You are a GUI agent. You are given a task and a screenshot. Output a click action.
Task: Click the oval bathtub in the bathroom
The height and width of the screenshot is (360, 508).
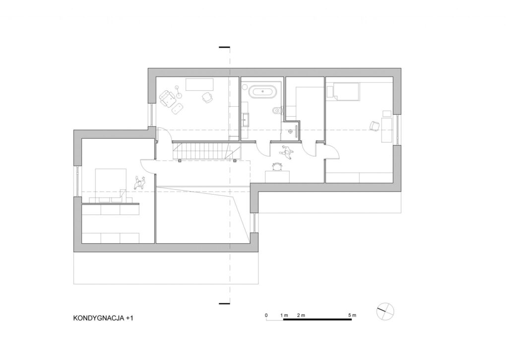[263, 92]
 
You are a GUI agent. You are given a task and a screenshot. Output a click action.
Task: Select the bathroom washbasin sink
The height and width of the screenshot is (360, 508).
[246, 119]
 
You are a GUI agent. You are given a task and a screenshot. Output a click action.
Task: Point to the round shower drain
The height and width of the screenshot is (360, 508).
[290, 132]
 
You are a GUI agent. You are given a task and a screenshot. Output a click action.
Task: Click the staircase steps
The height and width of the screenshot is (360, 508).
[206, 151]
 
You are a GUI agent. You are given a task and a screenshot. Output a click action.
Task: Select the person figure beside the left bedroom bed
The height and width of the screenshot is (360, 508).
[139, 183]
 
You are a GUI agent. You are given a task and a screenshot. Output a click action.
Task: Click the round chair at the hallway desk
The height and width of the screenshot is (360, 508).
[277, 166]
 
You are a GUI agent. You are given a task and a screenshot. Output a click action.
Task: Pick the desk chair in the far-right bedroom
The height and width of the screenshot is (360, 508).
[375, 126]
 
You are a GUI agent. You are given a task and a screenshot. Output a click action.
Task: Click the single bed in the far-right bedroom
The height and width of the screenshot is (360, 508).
[345, 91]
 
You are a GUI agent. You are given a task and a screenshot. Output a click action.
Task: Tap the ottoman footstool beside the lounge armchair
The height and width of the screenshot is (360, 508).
[177, 108]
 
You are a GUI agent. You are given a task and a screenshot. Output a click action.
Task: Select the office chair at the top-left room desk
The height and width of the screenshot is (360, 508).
[207, 97]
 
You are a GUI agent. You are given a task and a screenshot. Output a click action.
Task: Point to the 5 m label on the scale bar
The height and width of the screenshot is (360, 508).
[352, 315]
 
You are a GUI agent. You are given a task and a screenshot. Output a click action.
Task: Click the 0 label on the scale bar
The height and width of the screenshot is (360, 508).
[266, 315]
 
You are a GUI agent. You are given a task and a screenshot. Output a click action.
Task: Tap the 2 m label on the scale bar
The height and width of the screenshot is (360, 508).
[301, 315]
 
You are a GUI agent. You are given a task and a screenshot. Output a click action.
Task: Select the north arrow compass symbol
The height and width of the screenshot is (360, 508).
[385, 311]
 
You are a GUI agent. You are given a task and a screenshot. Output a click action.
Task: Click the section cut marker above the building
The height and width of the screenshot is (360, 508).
[224, 47]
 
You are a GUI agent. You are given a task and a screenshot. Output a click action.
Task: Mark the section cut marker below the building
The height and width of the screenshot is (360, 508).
[224, 303]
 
